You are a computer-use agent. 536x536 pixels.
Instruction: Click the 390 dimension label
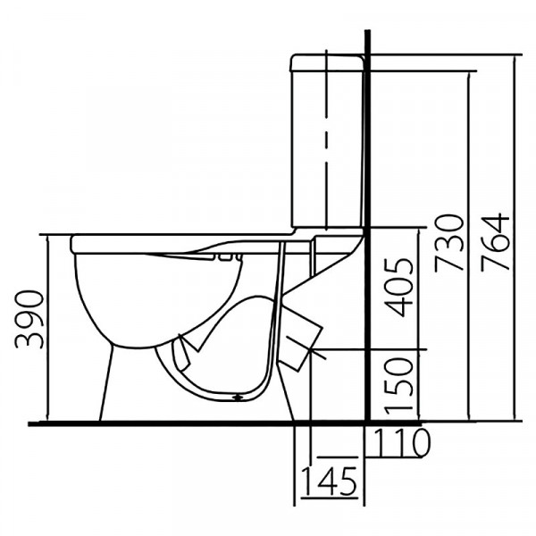click(x=29, y=319)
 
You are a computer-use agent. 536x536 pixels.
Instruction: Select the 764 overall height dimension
click(x=495, y=242)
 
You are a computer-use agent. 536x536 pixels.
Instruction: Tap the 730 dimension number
click(x=448, y=243)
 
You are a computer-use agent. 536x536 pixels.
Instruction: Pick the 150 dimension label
click(x=398, y=386)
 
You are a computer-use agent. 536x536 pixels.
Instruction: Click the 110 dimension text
click(x=402, y=443)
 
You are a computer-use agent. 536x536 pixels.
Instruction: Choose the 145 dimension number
click(x=329, y=482)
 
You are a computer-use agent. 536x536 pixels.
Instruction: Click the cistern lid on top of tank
click(x=326, y=63)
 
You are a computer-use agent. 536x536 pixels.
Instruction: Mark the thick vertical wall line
click(x=368, y=226)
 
